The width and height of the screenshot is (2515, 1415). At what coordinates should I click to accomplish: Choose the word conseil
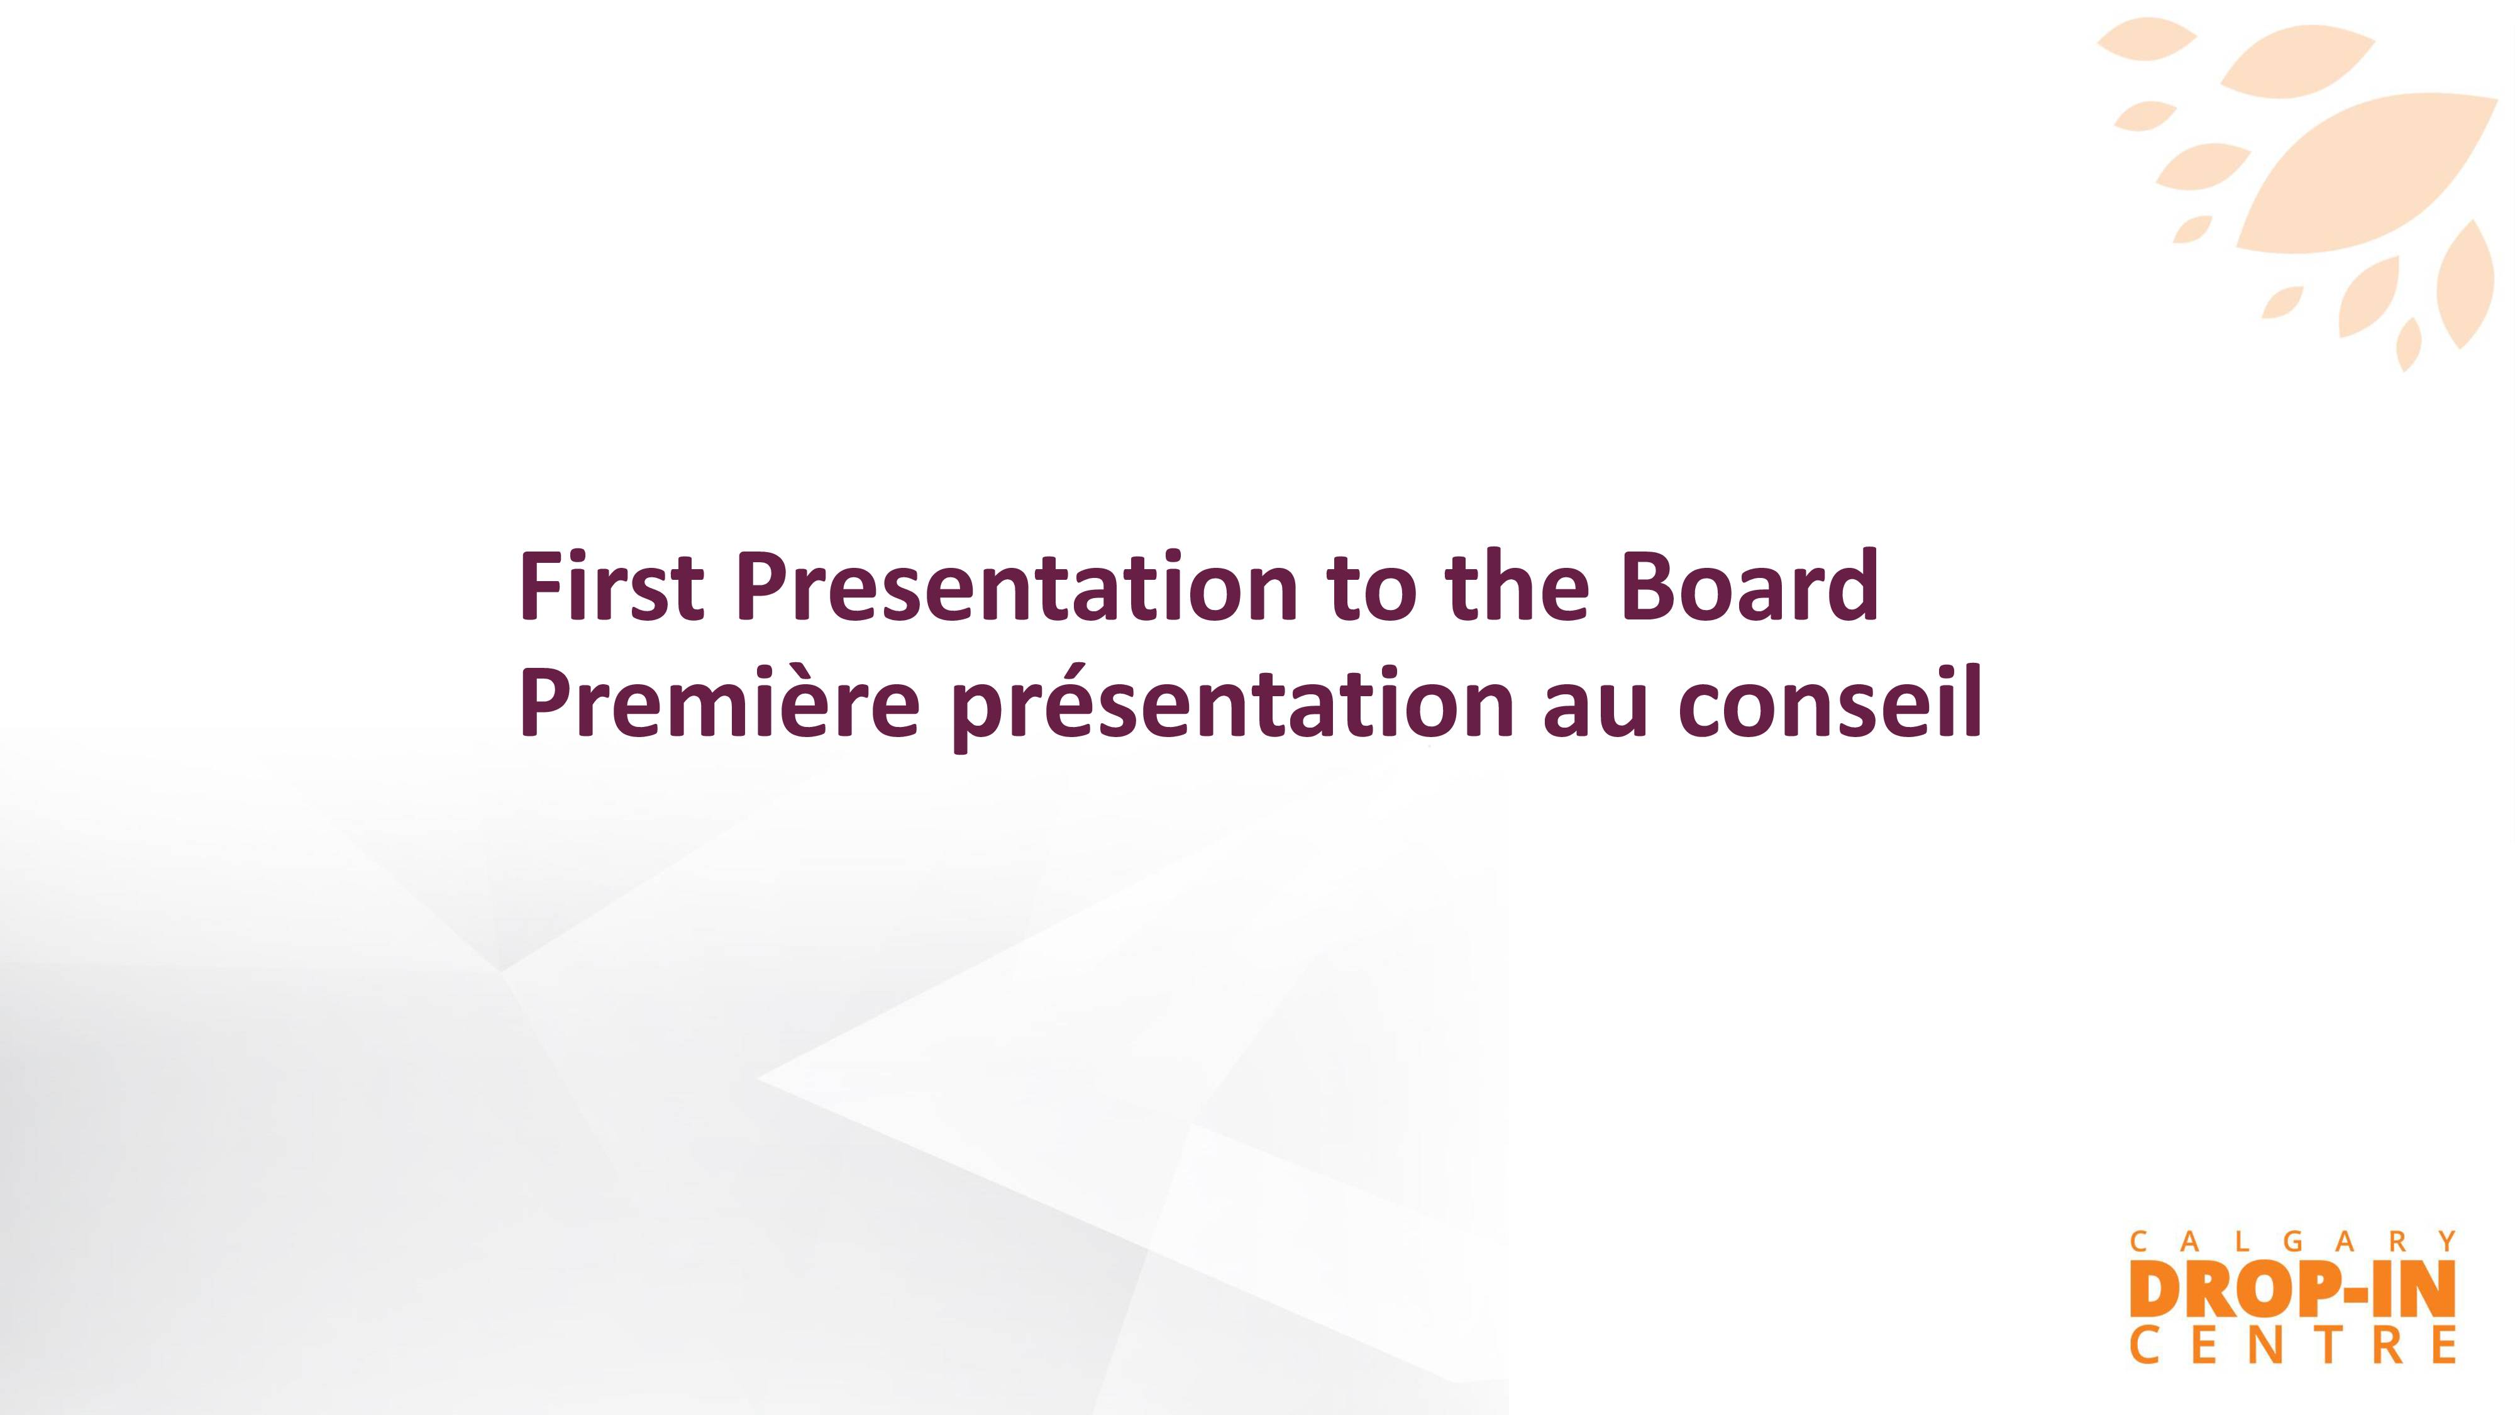click(1830, 700)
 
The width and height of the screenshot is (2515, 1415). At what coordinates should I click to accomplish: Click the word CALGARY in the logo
click(2292, 1241)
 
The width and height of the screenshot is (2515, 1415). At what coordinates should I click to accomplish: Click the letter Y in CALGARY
click(2446, 1241)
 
